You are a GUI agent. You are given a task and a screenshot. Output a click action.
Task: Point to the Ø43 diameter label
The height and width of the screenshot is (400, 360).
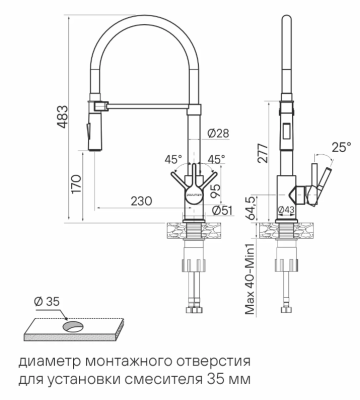[284, 209]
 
